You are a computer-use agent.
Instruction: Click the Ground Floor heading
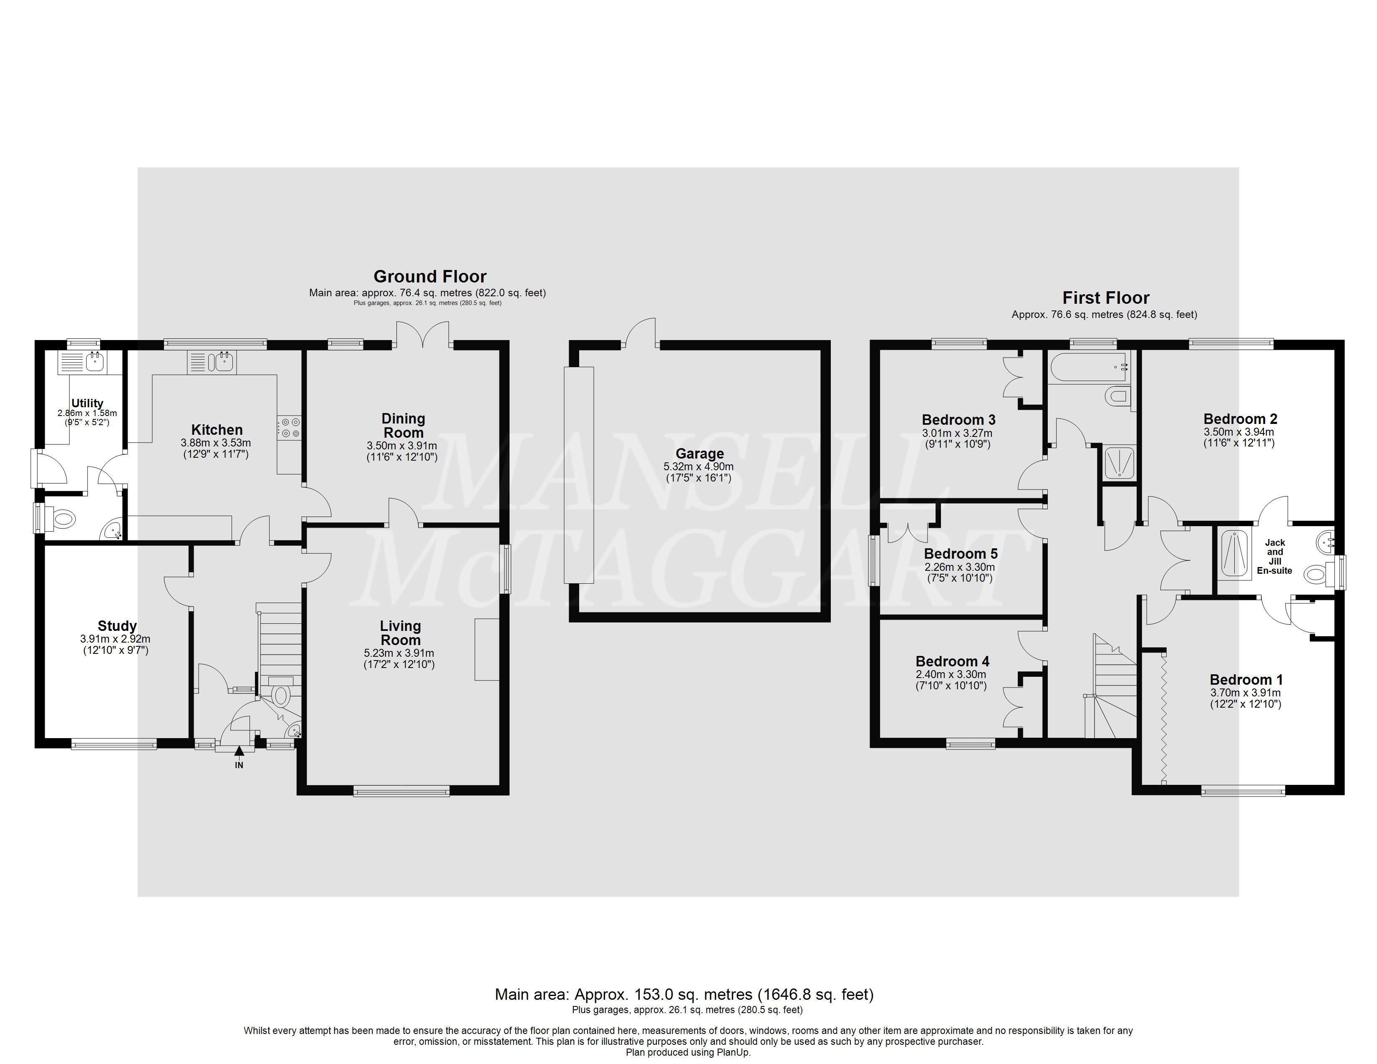(430, 277)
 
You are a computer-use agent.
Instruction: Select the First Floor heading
(1106, 298)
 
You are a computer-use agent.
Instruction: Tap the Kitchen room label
(217, 430)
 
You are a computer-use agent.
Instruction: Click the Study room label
(117, 626)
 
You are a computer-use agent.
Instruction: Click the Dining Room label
(404, 426)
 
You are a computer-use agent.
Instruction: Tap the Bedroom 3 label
(958, 420)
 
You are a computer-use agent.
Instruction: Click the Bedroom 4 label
(952, 661)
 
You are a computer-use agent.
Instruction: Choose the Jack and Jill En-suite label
(1275, 557)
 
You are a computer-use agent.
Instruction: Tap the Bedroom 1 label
(1246, 679)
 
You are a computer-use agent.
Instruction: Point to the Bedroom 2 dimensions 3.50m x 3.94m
(1239, 432)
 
